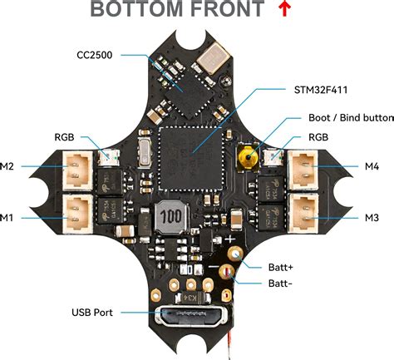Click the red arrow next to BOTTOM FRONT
coord(284,8)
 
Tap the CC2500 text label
coord(95,55)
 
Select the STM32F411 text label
coord(321,90)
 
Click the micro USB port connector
coord(191,316)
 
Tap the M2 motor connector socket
coord(77,170)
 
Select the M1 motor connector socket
coord(77,214)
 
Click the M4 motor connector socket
coord(303,170)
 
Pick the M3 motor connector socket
coord(303,213)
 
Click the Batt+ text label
coord(280,268)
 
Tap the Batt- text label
coord(280,284)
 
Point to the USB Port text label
coord(92,313)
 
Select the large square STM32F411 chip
coord(191,159)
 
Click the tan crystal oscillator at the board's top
coord(213,58)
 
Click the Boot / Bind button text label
coord(351,117)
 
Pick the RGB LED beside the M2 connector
coord(108,157)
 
